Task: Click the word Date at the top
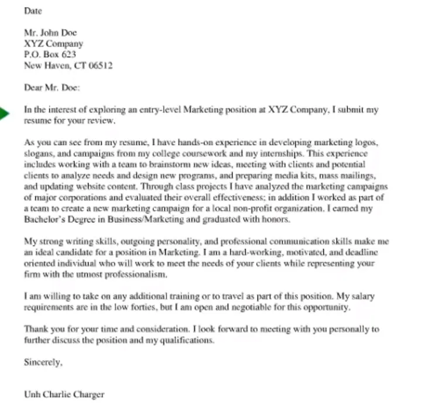point(33,11)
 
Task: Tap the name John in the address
point(50,33)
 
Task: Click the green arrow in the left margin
point(4,114)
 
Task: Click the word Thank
point(36,329)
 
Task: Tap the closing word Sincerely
point(43,362)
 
